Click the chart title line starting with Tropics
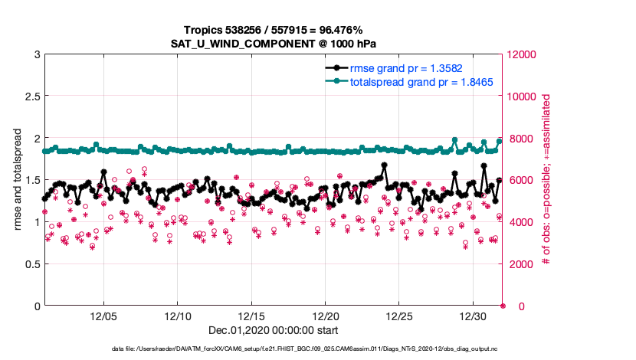click(273, 29)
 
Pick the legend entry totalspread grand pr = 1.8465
click(415, 81)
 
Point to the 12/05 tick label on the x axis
click(103, 316)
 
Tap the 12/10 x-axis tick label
click(178, 316)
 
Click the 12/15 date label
click(251, 316)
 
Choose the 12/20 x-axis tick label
click(326, 316)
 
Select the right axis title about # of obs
click(546, 180)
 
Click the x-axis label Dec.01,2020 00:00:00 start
click(273, 332)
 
